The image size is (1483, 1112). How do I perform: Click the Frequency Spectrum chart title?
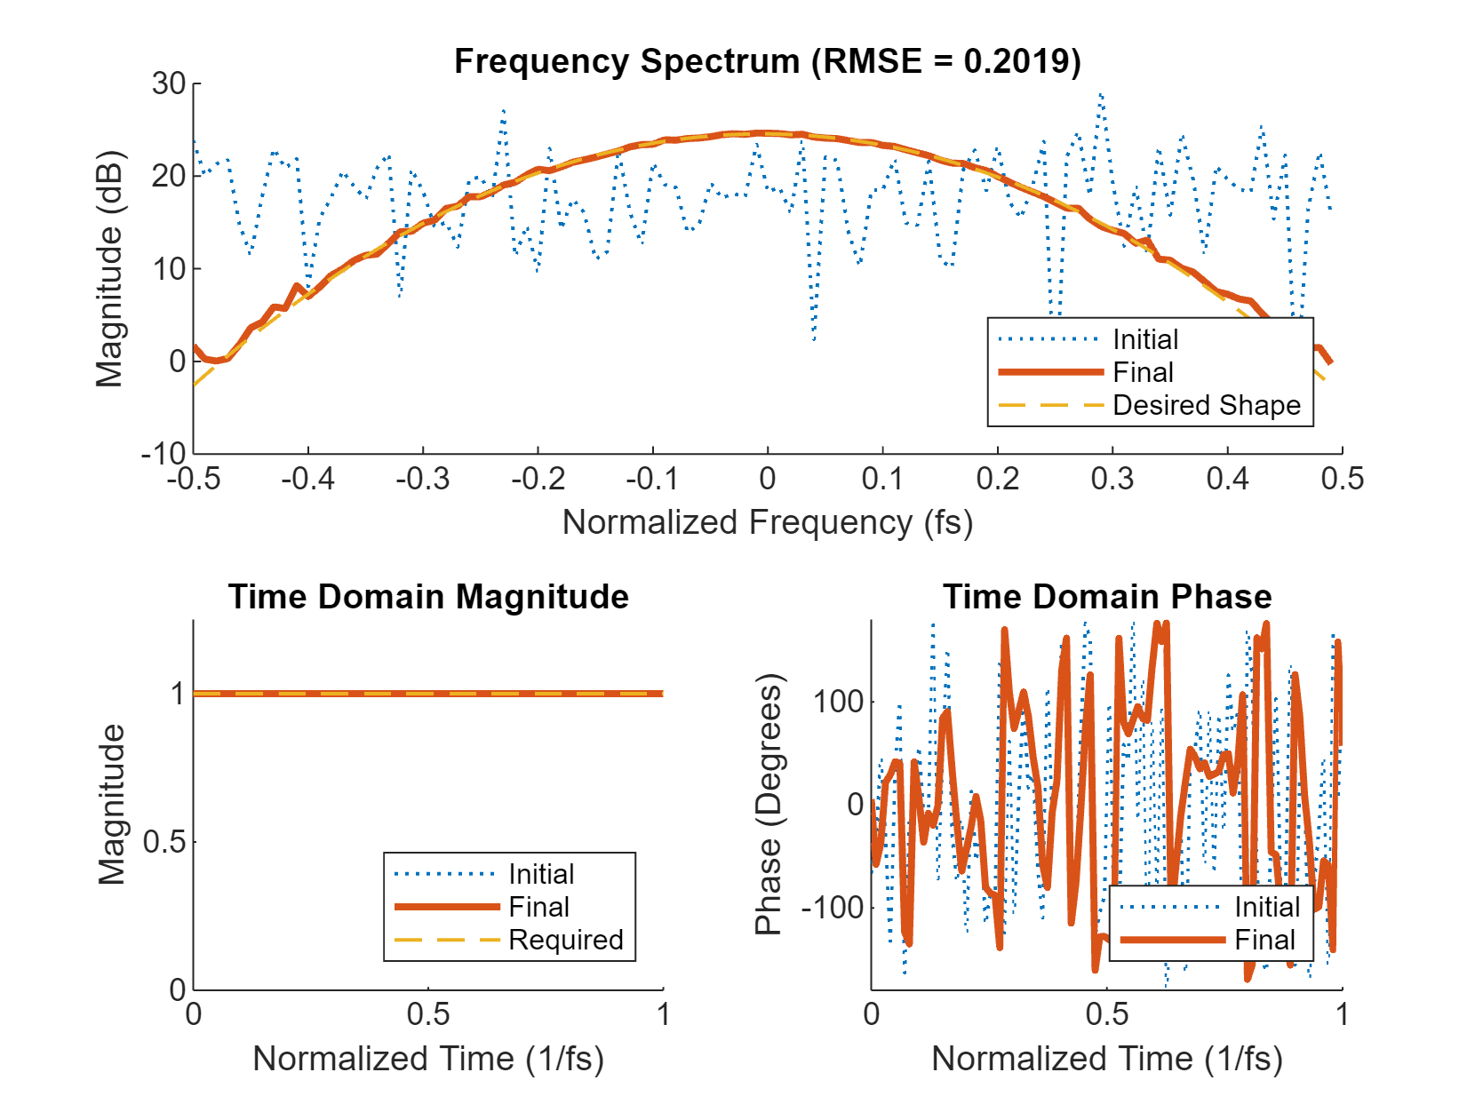tap(767, 61)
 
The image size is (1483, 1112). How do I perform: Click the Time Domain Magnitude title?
tap(428, 597)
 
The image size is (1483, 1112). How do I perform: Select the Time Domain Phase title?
tap(1106, 597)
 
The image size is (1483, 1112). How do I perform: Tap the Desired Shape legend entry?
tap(1206, 405)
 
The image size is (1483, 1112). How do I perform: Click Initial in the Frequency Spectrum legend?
tap(1145, 339)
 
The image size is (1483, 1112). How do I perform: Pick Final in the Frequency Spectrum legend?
tap(1143, 372)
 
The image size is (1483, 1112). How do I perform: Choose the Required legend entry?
tap(565, 940)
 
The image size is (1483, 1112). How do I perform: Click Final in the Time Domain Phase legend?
tap(1264, 940)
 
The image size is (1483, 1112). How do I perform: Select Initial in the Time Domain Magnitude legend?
tap(541, 874)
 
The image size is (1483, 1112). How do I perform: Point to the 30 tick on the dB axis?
tap(169, 84)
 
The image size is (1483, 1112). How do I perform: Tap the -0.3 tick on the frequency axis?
tap(423, 480)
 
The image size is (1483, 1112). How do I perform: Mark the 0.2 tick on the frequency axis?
tap(998, 480)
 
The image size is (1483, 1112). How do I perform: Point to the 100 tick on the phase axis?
tap(838, 702)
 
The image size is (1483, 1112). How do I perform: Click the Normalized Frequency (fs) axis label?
tap(767, 522)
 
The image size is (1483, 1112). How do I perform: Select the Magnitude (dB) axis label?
tap(109, 269)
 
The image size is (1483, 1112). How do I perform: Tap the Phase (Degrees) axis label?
tap(768, 805)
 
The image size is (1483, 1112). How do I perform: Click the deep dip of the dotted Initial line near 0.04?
tap(814, 338)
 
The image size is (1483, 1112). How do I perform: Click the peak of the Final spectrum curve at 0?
tap(767, 133)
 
